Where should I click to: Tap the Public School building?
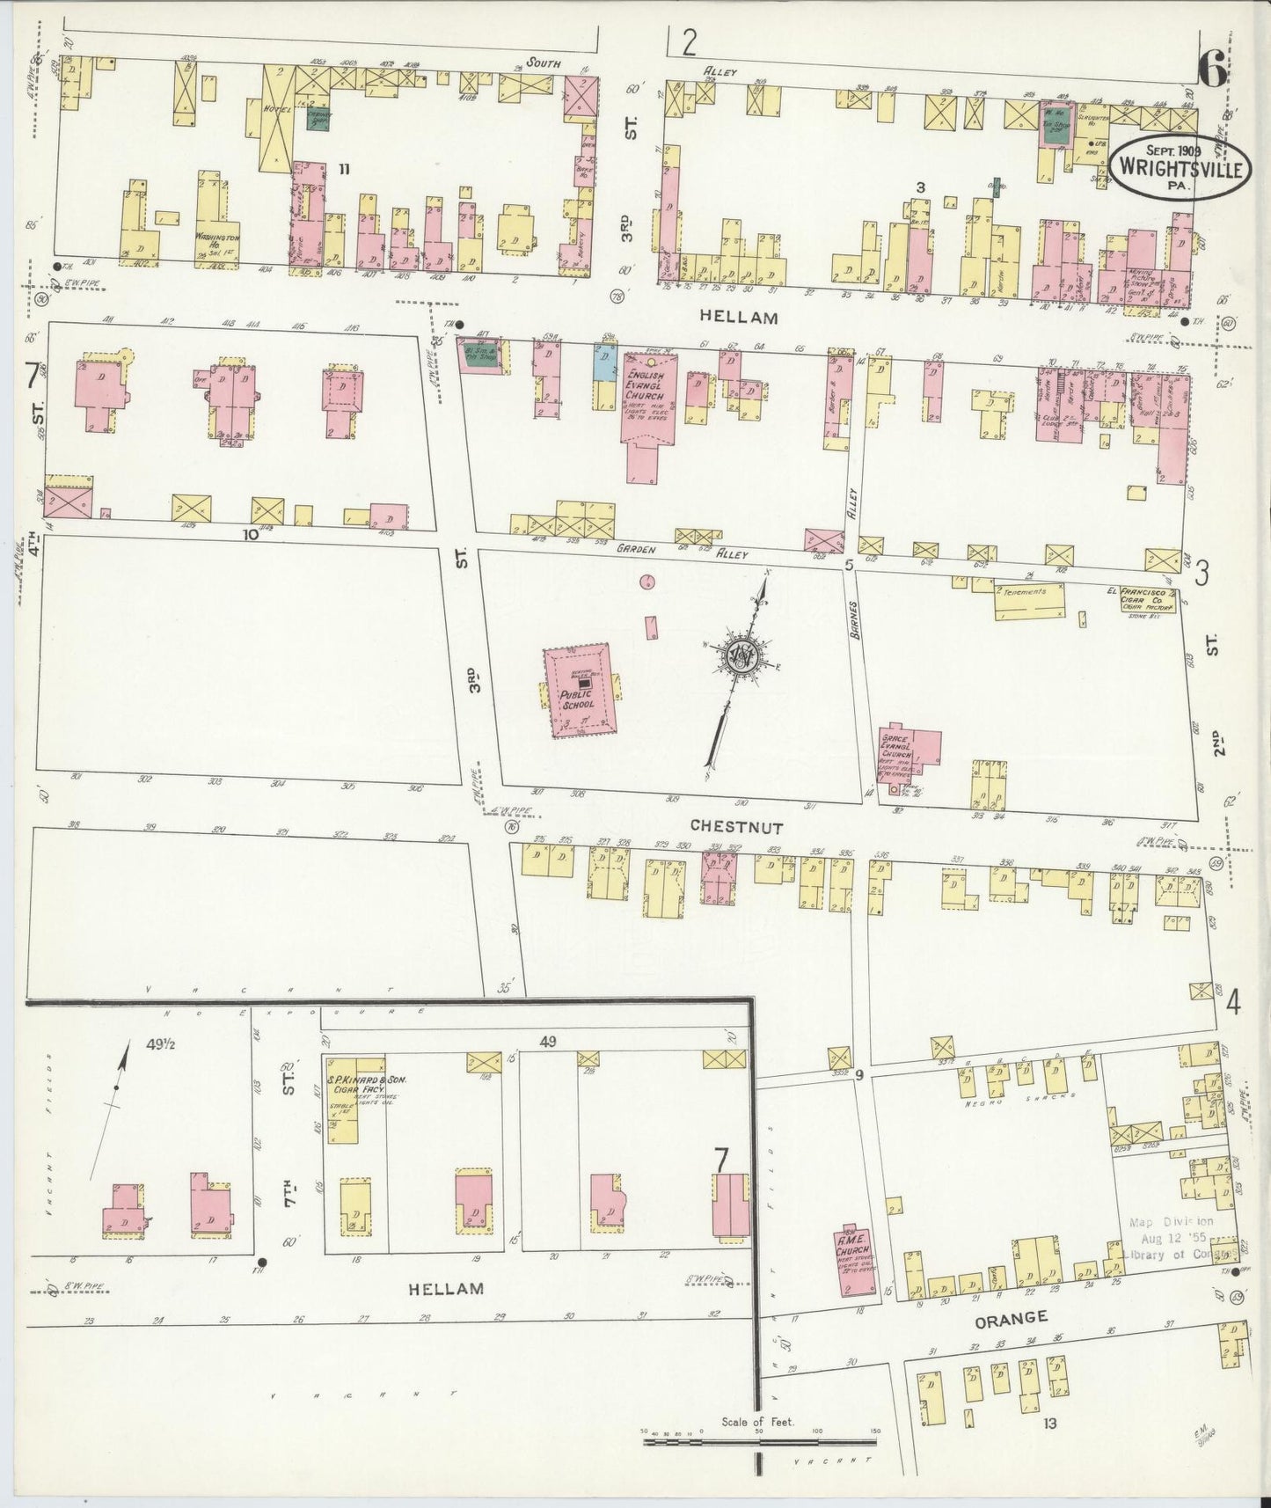581,691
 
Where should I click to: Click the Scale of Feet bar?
761,1442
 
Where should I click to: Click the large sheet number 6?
1212,70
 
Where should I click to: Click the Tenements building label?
1026,592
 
